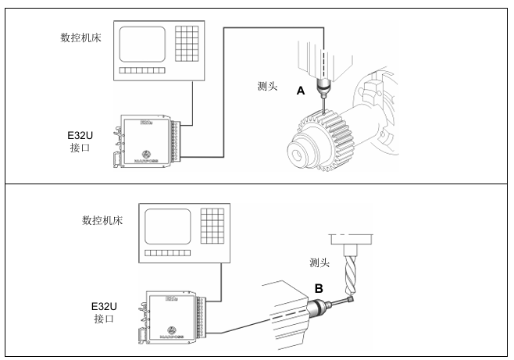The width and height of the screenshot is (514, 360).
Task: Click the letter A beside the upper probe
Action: (300, 91)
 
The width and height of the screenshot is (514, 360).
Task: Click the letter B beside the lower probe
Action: (319, 288)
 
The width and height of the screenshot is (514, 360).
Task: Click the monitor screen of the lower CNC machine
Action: (166, 226)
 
